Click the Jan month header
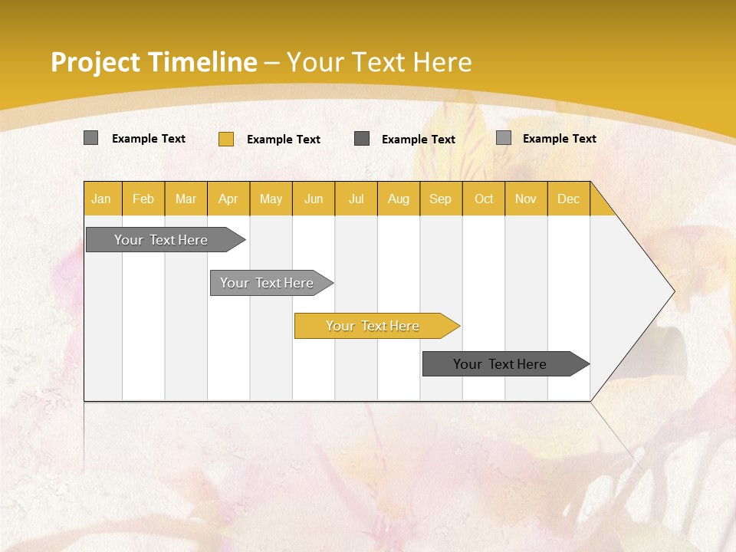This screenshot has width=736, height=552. pos(102,199)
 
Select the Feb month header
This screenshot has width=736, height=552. pos(143,199)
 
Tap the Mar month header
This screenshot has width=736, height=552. pos(186,199)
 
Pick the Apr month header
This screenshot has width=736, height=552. pos(228,199)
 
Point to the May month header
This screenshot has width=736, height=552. pos(271,199)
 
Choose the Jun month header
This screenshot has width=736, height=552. pos(314,199)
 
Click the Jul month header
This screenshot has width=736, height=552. pos(356,199)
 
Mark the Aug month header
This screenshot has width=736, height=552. pos(399,199)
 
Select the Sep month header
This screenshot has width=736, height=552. pos(441,199)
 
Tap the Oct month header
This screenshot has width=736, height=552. pos(484,199)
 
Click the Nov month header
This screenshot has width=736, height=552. pos(526,199)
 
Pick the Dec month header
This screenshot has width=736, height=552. pos(569,199)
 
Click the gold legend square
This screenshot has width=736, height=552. pos(226,139)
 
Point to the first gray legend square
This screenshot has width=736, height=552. pos(90,138)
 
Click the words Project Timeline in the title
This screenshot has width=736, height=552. pos(153,62)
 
